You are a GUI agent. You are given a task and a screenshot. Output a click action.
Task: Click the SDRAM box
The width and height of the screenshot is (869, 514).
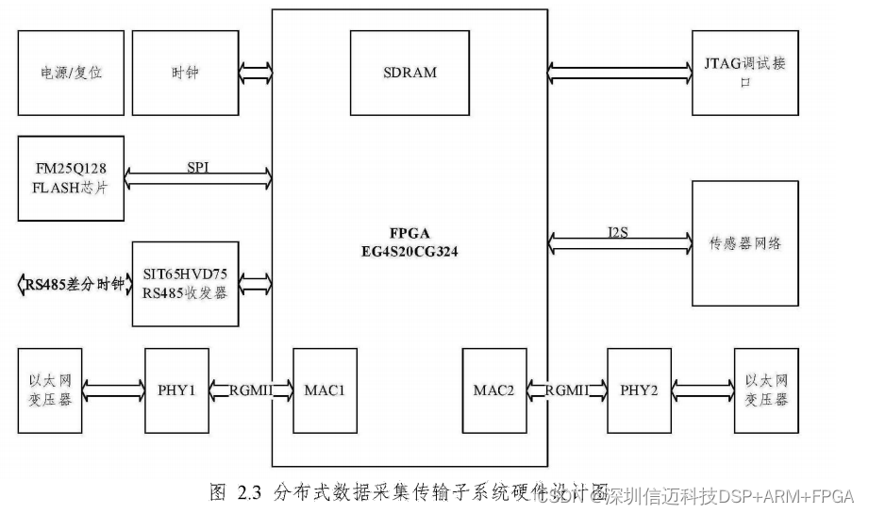click(410, 72)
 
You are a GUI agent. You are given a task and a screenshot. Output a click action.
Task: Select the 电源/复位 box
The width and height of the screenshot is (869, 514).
click(71, 72)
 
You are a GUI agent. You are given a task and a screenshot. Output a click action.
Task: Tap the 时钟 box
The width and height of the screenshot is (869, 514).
click(185, 72)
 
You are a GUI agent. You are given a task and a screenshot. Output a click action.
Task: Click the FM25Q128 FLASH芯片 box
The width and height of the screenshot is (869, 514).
click(71, 178)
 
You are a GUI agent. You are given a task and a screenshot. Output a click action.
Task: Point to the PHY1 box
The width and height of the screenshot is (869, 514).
click(175, 390)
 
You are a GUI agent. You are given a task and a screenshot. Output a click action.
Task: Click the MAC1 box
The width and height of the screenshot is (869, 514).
click(326, 390)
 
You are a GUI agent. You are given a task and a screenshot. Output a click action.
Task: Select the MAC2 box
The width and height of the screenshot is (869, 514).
click(494, 390)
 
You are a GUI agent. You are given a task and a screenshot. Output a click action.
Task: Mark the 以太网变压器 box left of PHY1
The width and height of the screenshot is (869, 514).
click(51, 390)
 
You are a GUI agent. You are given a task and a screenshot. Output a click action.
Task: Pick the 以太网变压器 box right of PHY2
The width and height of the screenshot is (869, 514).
click(765, 390)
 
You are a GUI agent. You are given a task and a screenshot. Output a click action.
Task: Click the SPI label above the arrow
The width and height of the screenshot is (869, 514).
click(198, 166)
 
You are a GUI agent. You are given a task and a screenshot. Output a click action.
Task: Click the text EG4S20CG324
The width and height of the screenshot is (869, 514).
click(409, 254)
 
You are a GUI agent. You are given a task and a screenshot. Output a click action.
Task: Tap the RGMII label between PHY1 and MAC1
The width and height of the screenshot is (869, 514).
click(250, 390)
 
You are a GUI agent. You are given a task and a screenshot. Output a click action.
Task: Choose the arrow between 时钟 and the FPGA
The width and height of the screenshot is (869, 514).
click(255, 72)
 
